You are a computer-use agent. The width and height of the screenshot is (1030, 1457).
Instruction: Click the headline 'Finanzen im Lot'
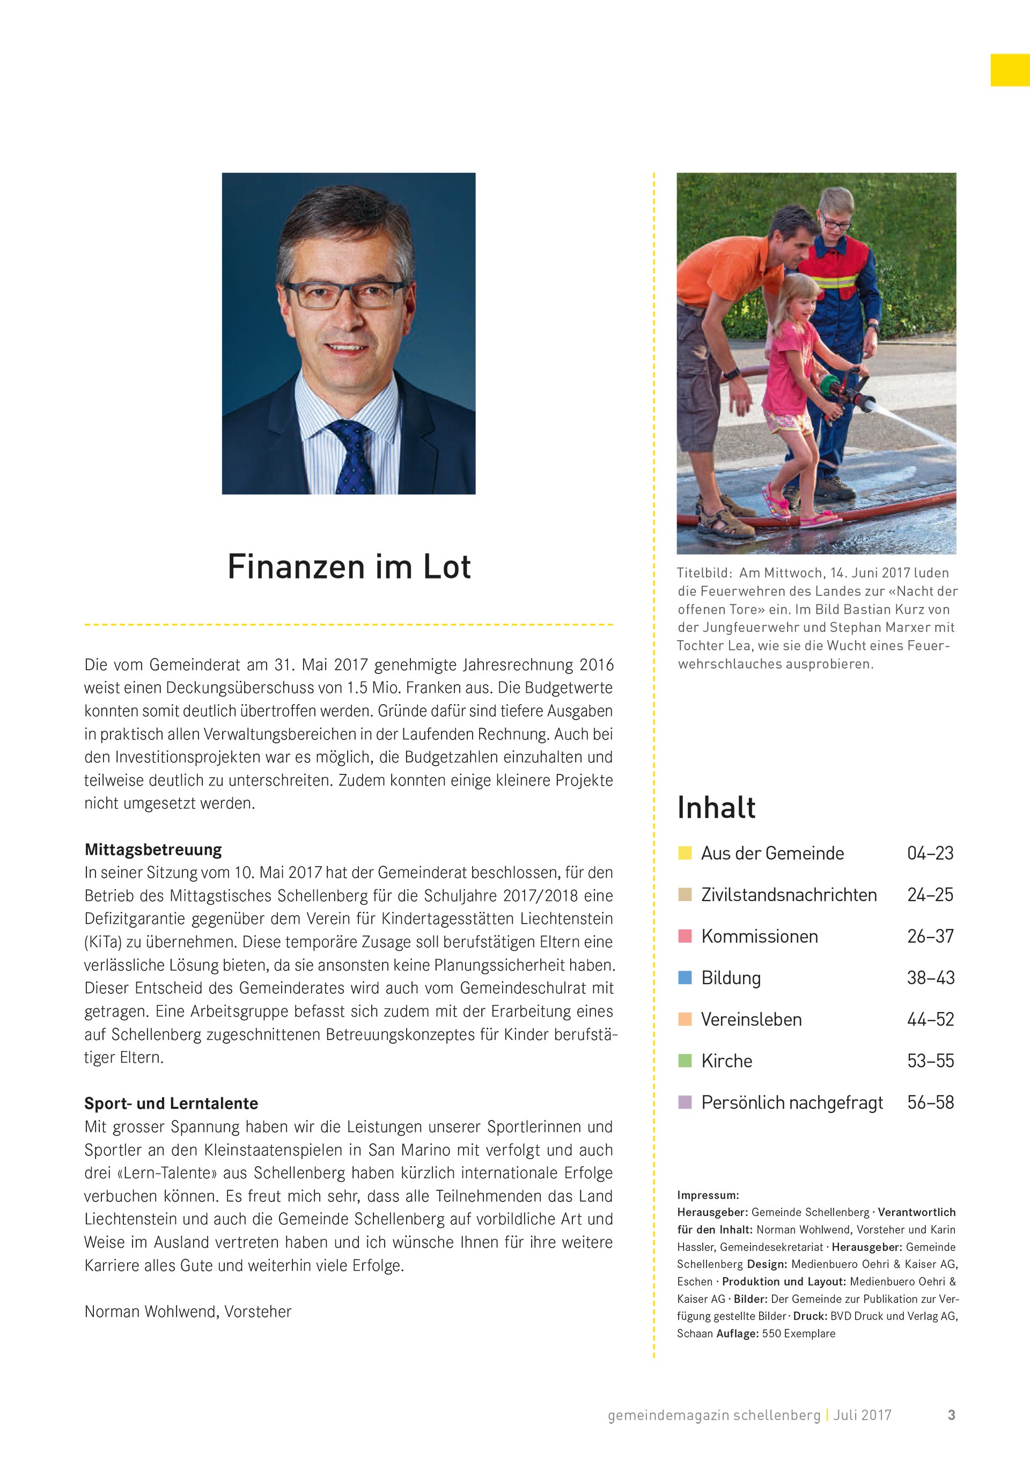coord(349,567)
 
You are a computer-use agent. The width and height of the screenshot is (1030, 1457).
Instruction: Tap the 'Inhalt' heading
coord(716,808)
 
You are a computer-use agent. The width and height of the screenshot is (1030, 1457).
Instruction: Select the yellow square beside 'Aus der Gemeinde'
coord(685,853)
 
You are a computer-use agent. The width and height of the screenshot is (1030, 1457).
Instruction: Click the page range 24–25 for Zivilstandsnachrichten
coord(930,895)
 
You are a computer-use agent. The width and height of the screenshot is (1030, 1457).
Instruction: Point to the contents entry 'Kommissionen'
coord(759,936)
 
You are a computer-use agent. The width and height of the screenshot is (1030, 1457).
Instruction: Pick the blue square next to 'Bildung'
coord(685,977)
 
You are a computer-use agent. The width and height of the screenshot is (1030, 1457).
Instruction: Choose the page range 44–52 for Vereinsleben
coord(930,1019)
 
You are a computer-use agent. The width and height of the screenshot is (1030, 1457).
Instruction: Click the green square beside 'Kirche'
coord(685,1060)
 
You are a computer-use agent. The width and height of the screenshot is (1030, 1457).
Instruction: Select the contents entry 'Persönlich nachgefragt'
coord(791,1102)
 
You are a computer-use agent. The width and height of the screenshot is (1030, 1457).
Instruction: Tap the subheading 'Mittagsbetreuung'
coord(153,850)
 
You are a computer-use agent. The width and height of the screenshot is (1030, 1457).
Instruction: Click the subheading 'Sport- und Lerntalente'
coord(171,1103)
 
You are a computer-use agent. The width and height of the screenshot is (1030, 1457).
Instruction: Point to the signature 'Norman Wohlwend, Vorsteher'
coord(188,1312)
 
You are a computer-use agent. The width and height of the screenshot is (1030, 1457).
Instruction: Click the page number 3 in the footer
coord(951,1415)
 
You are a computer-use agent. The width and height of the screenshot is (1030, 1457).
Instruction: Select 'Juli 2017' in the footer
coord(863,1415)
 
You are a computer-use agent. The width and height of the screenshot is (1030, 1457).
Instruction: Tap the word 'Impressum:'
coord(708,1196)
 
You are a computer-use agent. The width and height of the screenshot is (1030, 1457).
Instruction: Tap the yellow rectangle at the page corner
coord(1010,70)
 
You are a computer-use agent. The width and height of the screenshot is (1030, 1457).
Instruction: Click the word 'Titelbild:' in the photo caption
coord(703,573)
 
